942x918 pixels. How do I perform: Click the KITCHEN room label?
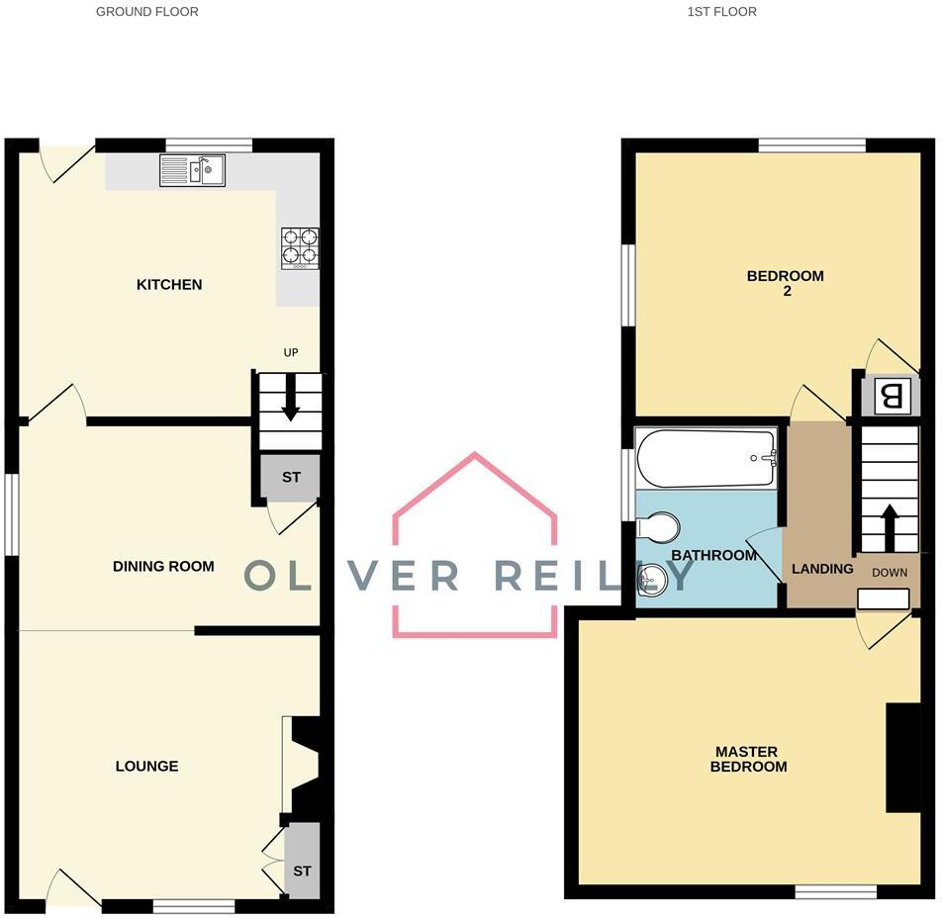[169, 285]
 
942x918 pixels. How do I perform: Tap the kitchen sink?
[193, 171]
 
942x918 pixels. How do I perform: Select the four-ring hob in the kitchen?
[301, 247]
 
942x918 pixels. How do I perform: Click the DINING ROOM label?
[163, 567]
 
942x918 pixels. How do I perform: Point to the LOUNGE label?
[147, 767]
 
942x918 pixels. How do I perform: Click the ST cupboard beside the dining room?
[291, 478]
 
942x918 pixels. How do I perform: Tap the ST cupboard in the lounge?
[302, 871]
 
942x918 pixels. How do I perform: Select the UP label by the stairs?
[290, 352]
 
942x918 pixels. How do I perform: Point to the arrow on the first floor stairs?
[890, 527]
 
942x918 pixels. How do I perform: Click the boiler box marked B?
[891, 398]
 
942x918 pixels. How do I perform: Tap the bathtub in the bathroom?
[706, 457]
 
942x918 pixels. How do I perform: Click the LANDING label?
[822, 569]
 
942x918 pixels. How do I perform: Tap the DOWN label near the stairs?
[890, 573]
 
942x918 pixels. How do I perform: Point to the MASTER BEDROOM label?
[749, 759]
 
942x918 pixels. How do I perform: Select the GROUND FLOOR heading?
[146, 12]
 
